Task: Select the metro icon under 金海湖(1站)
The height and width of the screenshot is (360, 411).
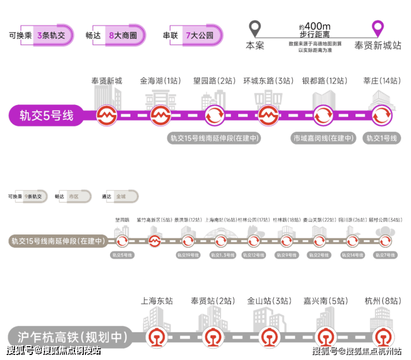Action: click(160, 116)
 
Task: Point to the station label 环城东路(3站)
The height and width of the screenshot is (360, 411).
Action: click(268, 81)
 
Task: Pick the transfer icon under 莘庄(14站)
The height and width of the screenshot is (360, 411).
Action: click(382, 116)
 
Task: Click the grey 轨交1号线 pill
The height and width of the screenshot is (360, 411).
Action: click(382, 138)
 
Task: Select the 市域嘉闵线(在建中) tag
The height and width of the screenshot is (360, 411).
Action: click(323, 138)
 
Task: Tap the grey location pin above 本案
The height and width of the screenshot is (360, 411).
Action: click(254, 28)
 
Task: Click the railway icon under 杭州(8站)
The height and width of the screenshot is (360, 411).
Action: click(382, 336)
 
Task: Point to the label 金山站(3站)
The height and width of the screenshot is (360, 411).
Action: click(269, 301)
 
